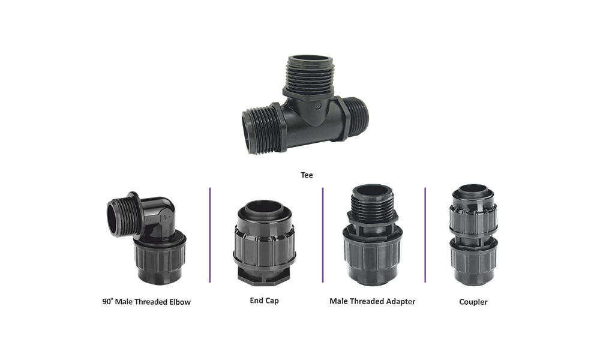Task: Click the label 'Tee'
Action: pos(307,175)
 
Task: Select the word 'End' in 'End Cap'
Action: pos(256,301)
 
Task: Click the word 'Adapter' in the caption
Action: pos(400,301)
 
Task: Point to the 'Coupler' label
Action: pos(473,302)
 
